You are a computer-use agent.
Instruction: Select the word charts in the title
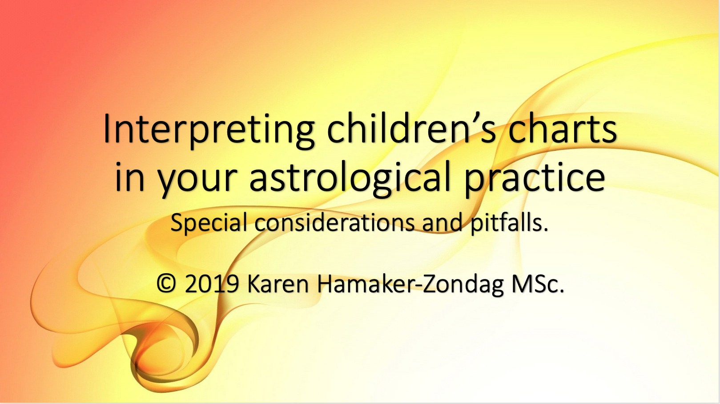[x=563, y=128]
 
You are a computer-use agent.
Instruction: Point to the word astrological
[x=350, y=177]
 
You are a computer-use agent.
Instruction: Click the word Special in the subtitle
[x=209, y=222]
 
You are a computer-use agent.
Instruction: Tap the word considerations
[x=334, y=222]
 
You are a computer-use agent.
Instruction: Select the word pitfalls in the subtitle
[x=506, y=222]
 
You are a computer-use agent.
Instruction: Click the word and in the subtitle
[x=442, y=222]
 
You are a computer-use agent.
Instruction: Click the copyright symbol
[x=166, y=283]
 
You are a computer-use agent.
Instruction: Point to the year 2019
[x=212, y=283]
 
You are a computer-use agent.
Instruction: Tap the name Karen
[x=278, y=283]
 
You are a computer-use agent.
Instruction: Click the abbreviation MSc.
[x=538, y=283]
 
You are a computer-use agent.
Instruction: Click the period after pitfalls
[x=546, y=229]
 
